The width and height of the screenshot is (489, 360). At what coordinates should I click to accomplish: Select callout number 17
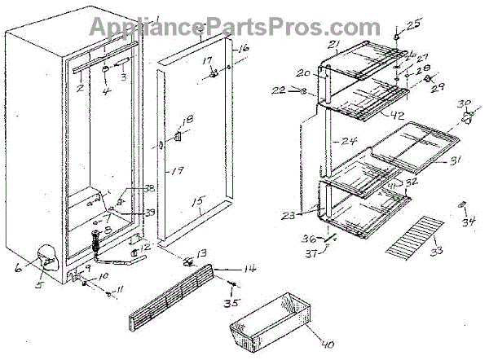point(207,60)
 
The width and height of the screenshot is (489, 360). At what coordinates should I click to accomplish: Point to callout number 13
point(200,252)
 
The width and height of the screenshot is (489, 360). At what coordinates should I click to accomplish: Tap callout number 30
point(465,104)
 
